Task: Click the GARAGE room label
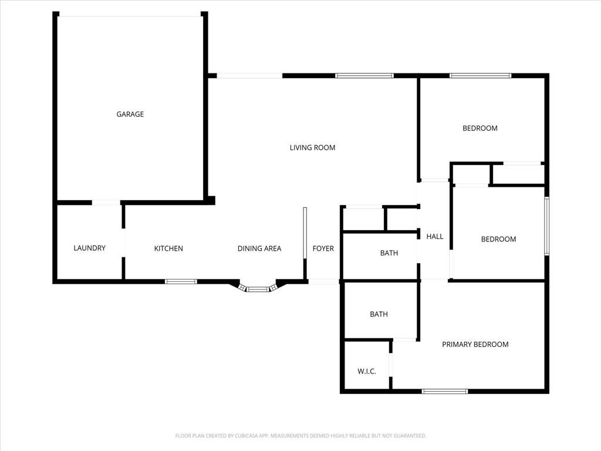pyautogui.click(x=130, y=115)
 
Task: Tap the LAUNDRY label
pyautogui.click(x=89, y=248)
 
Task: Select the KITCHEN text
pyautogui.click(x=168, y=248)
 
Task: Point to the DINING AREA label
pyautogui.click(x=259, y=248)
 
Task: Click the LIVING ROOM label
pyautogui.click(x=312, y=147)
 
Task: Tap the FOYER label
pyautogui.click(x=323, y=248)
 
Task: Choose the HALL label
pyautogui.click(x=435, y=237)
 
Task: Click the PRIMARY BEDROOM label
pyautogui.click(x=475, y=344)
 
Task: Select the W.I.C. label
pyautogui.click(x=367, y=371)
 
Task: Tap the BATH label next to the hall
pyautogui.click(x=389, y=253)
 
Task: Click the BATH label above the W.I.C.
pyautogui.click(x=379, y=315)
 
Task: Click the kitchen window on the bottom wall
pyautogui.click(x=181, y=281)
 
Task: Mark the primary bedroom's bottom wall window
pyautogui.click(x=445, y=391)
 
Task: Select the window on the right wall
pyautogui.click(x=547, y=226)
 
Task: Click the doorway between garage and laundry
pyautogui.click(x=106, y=203)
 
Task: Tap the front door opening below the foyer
pyautogui.click(x=324, y=281)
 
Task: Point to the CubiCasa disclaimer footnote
pyautogui.click(x=300, y=436)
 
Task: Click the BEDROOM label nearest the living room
pyautogui.click(x=480, y=129)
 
